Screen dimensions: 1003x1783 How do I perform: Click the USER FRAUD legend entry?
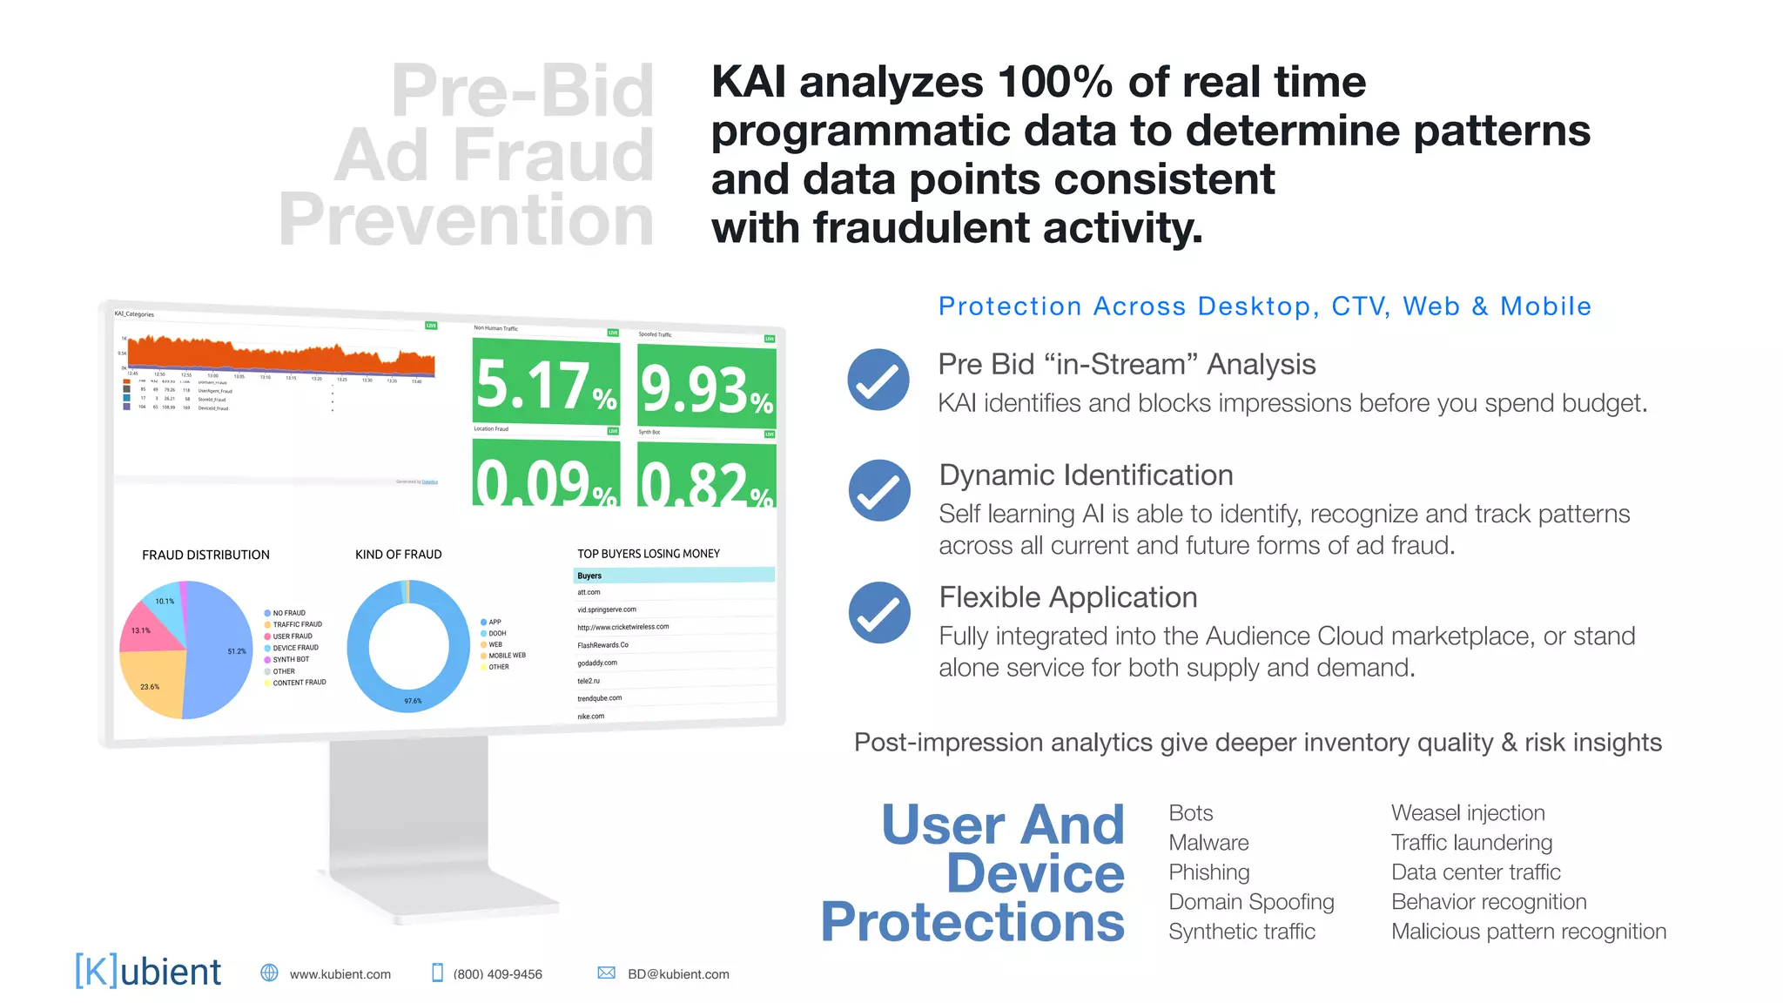293,636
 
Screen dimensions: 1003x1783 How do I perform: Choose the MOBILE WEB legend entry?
507,656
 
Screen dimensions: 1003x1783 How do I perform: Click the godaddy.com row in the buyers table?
597,663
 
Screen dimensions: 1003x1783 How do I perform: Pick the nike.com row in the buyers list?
591,717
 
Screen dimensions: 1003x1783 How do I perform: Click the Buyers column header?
589,576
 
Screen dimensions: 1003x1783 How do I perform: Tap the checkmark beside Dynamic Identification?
879,490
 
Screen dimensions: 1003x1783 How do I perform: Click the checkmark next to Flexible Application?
879,613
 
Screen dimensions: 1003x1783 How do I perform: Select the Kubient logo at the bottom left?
148,971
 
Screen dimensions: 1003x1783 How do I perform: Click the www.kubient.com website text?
340,974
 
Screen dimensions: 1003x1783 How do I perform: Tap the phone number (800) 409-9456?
497,974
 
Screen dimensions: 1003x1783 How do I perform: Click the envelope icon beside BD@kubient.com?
607,973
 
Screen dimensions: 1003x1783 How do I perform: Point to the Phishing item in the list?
1208,872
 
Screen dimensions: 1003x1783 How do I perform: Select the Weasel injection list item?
1468,813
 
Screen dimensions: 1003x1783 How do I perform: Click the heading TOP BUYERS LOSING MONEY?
649,554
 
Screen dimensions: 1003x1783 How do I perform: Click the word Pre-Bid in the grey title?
522,91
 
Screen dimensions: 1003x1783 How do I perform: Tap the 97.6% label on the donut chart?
413,701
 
